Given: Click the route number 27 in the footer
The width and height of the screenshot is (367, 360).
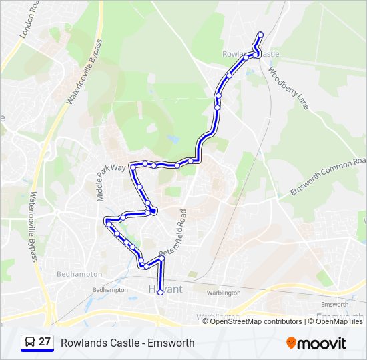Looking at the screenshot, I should pyautogui.click(x=45, y=342).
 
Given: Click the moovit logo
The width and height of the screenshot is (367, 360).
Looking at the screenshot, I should pyautogui.click(x=316, y=343).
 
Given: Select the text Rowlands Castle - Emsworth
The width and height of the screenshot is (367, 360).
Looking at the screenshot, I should pyautogui.click(x=127, y=343).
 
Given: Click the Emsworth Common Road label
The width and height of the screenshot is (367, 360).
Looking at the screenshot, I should pyautogui.click(x=328, y=177).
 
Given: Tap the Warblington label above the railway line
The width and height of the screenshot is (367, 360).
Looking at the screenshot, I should pyautogui.click(x=223, y=293).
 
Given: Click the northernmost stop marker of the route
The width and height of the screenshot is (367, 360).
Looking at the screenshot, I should pyautogui.click(x=260, y=35).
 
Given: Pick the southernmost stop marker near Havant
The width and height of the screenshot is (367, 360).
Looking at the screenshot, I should pyautogui.click(x=160, y=292).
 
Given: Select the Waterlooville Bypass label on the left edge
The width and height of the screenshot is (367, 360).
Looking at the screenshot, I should pyautogui.click(x=32, y=227).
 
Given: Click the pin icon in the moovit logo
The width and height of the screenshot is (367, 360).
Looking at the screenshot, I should pyautogui.click(x=292, y=343).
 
